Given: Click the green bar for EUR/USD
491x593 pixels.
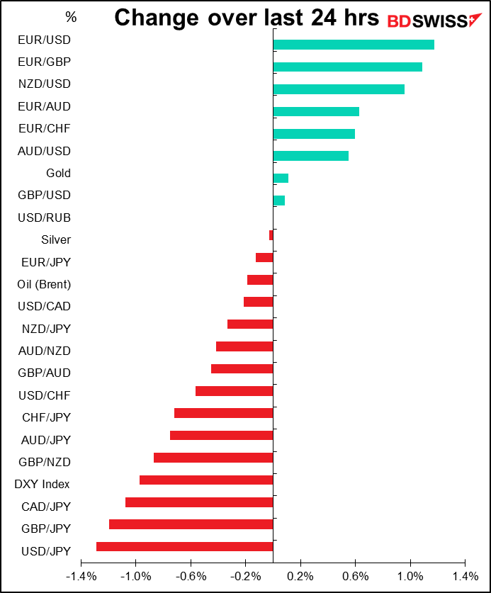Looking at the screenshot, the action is click(x=354, y=45).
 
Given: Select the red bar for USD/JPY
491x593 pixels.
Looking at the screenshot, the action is click(x=185, y=546).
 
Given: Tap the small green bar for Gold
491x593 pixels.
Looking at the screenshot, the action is click(x=281, y=178).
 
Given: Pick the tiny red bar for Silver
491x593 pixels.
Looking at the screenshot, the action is click(x=271, y=235).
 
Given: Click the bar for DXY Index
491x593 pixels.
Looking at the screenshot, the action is click(x=206, y=480).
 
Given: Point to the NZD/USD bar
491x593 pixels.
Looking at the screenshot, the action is click(x=339, y=89).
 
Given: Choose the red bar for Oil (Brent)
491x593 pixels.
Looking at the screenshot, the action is click(x=260, y=280).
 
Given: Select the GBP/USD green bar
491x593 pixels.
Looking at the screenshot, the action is click(x=278, y=201).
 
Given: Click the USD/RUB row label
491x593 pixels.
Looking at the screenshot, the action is click(x=44, y=218).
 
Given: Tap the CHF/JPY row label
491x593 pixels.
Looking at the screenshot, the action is click(x=46, y=417).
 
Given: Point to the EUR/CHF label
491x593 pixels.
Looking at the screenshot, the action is click(x=44, y=128).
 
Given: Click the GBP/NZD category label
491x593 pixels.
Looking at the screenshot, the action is click(x=44, y=462).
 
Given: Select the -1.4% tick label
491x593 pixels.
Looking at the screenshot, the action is click(x=81, y=577).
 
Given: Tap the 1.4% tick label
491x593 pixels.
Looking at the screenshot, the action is click(x=465, y=577).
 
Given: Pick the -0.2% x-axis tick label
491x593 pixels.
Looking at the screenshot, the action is click(x=245, y=577).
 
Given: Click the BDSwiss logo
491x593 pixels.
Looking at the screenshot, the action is click(x=434, y=21).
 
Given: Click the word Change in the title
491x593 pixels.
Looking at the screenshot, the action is click(x=156, y=18).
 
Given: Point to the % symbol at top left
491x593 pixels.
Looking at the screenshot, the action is click(x=71, y=17).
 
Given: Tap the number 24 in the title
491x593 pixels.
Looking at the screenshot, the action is click(x=323, y=18).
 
